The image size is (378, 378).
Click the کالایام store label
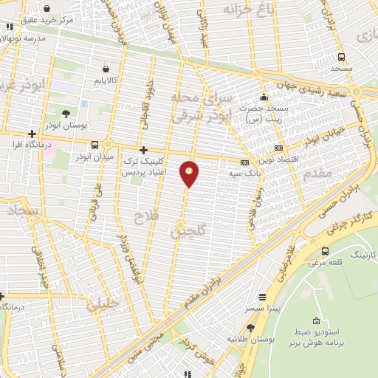108,79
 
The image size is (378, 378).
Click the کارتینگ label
362,254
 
